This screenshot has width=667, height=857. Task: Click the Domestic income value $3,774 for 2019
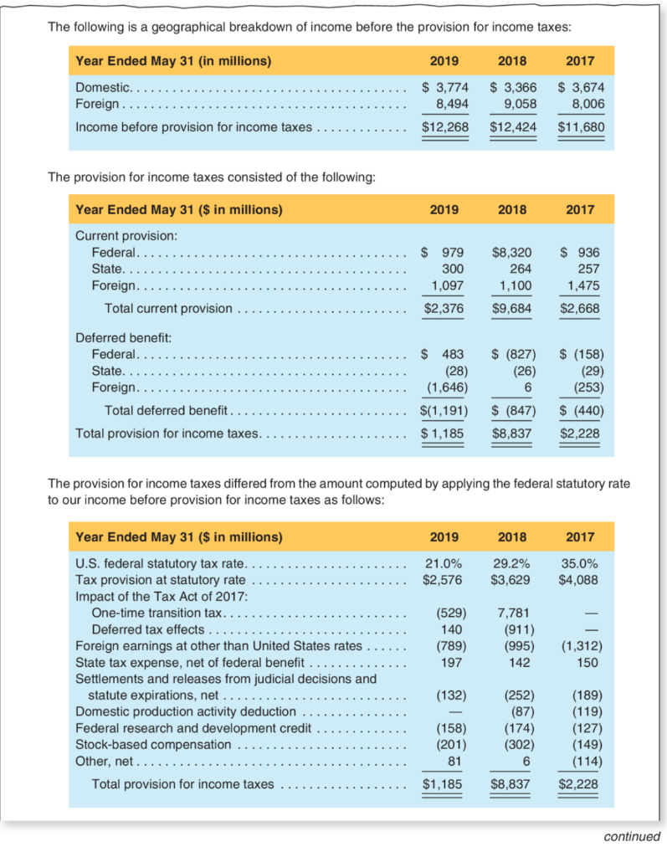click(x=444, y=87)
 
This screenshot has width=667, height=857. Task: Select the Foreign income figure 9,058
click(x=516, y=104)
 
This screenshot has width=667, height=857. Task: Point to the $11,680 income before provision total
click(x=580, y=127)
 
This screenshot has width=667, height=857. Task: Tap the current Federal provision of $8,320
click(x=512, y=252)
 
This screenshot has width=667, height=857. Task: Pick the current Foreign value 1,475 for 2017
click(x=583, y=285)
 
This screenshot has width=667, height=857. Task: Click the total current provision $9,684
click(x=512, y=308)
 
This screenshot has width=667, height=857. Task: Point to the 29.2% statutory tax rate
click(x=512, y=562)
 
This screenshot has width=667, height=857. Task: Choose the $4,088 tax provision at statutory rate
click(x=580, y=579)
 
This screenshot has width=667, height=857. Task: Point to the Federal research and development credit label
click(x=193, y=728)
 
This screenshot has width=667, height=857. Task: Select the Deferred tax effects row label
click(x=147, y=629)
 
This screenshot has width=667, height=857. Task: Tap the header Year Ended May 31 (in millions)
click(x=173, y=61)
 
